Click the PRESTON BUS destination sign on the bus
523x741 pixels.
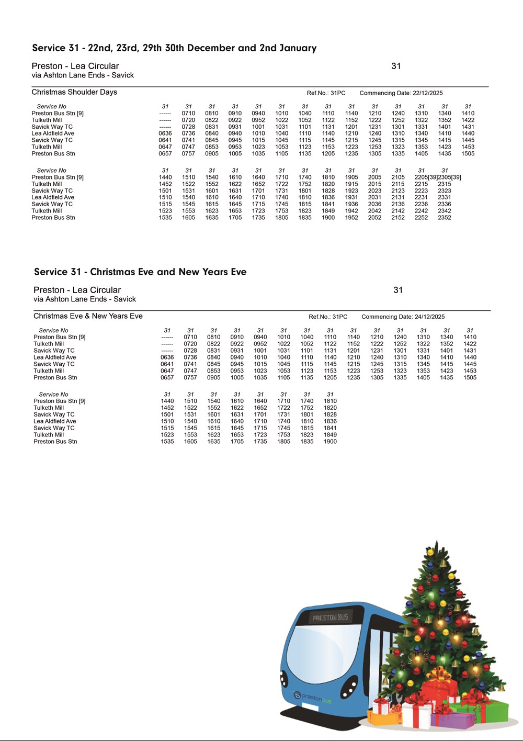coord(330,618)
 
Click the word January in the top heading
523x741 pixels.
coord(298,48)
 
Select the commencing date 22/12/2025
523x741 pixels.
coord(428,93)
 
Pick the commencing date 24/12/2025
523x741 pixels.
coord(430,317)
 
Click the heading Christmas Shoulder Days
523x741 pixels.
coord(74,92)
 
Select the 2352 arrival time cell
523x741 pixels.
coord(445,218)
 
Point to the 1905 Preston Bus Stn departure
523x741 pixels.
coord(351,177)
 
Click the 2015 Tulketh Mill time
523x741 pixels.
coord(374,184)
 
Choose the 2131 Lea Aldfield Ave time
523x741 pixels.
coord(398,198)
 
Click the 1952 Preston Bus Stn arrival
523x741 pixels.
coord(351,218)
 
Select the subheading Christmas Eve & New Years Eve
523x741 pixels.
coord(88,316)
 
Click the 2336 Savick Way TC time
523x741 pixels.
coord(445,205)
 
